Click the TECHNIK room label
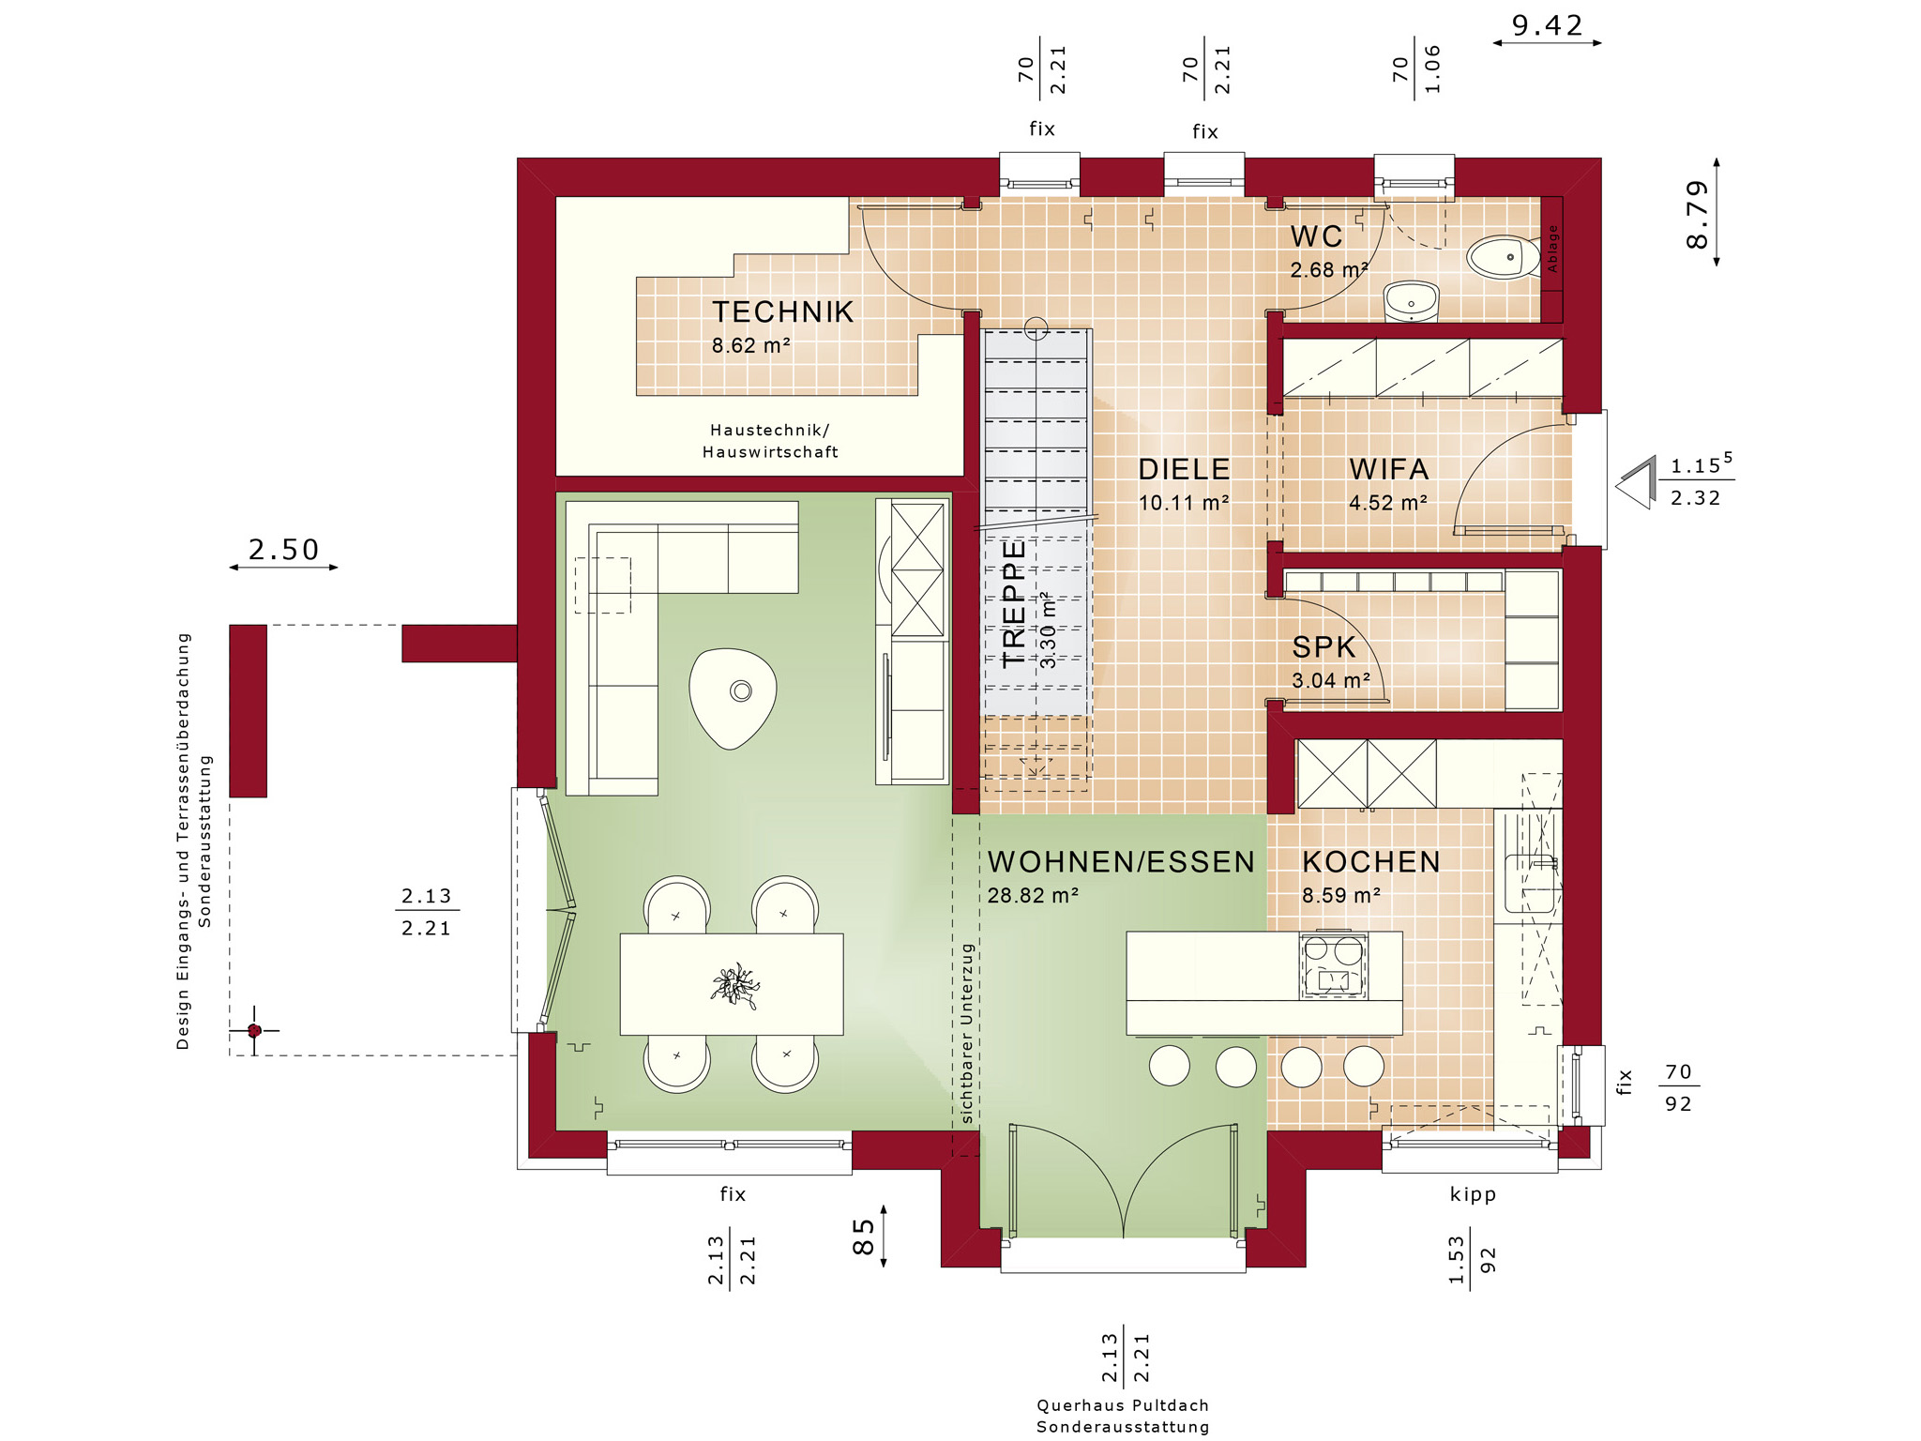click(x=782, y=311)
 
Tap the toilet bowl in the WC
click(x=1503, y=256)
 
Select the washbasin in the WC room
click(x=1411, y=301)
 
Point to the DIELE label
click(x=1184, y=469)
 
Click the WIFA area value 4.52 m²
click(x=1388, y=503)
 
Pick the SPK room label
click(x=1324, y=647)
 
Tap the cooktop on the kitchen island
click(x=1333, y=965)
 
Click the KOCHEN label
click(x=1370, y=862)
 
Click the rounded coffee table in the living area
click(x=733, y=697)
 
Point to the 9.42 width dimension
click(x=1547, y=25)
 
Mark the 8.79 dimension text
click(x=1698, y=214)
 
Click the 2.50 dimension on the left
click(x=283, y=550)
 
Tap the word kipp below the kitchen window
click(x=1473, y=1194)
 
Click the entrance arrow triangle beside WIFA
click(x=1637, y=482)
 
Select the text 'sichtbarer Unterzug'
click(x=967, y=1033)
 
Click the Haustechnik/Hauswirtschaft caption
click(x=770, y=441)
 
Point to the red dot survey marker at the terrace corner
click(x=254, y=1030)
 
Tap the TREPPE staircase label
click(x=1014, y=602)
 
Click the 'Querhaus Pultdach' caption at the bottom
click(x=1123, y=1405)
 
